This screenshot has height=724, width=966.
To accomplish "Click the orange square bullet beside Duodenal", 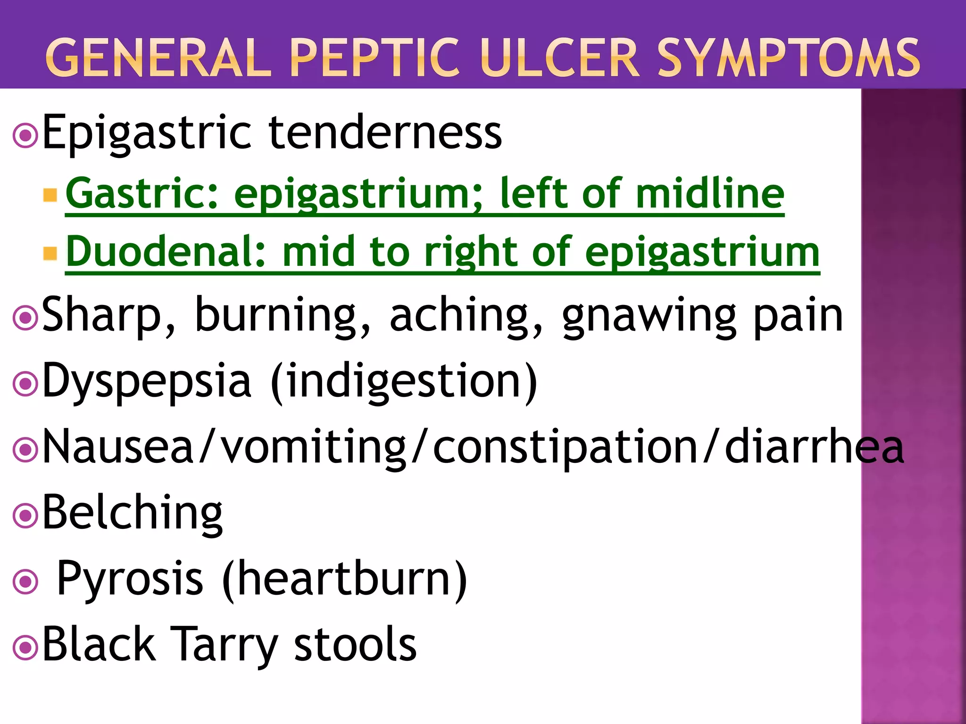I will [x=50, y=254].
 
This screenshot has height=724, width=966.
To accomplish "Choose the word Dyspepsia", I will [x=147, y=382].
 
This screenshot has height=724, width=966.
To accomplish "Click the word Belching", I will [x=133, y=514].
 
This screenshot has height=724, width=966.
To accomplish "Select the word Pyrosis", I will [x=130, y=580].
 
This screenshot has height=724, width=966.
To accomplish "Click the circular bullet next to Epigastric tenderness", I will [x=25, y=136].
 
